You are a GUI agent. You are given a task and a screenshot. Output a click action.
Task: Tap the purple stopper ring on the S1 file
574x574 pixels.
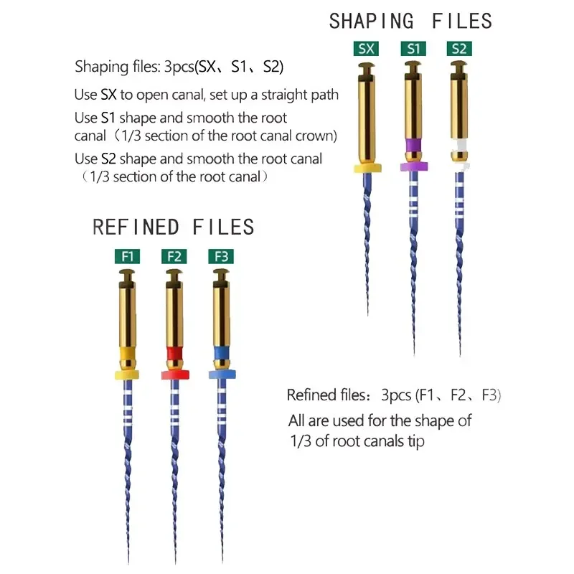click(x=414, y=166)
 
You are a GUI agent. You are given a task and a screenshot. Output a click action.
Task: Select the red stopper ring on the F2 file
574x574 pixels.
click(x=174, y=375)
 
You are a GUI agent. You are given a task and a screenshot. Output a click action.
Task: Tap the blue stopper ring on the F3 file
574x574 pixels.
click(x=219, y=375)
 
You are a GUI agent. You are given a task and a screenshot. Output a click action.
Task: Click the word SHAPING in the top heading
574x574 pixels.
click(x=372, y=21)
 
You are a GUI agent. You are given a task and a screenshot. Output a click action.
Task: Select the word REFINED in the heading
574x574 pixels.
click(x=137, y=227)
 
